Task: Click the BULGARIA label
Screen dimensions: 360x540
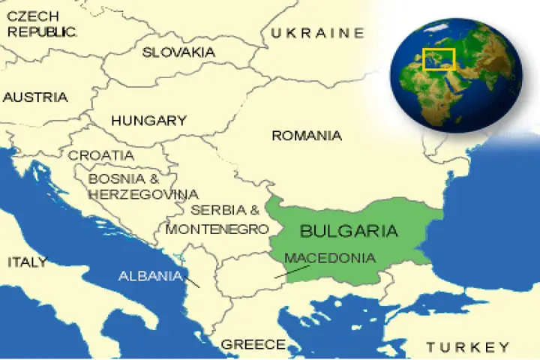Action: coord(349,230)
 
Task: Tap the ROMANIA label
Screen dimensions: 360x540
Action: coord(307,136)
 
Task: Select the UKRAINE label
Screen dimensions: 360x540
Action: coord(317,33)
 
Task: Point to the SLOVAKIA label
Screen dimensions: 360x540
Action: coord(178,52)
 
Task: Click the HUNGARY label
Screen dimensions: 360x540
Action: coord(148,120)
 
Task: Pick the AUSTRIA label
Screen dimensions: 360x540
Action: coord(35,97)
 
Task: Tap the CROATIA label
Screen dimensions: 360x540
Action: coord(101,155)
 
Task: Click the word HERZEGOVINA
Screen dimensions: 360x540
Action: coord(143,194)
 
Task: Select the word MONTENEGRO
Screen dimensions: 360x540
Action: coord(217,229)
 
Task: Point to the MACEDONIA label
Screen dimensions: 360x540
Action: coord(330,258)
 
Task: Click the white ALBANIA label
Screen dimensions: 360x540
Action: coord(150,275)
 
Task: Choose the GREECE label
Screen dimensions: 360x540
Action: coord(253,344)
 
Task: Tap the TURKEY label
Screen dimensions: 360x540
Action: coord(468,346)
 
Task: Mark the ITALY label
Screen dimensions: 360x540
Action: coord(27,262)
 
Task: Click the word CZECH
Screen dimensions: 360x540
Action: coord(32,16)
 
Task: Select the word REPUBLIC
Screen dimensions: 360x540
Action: coord(42,31)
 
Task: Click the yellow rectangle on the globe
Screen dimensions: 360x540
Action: coord(439,59)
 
